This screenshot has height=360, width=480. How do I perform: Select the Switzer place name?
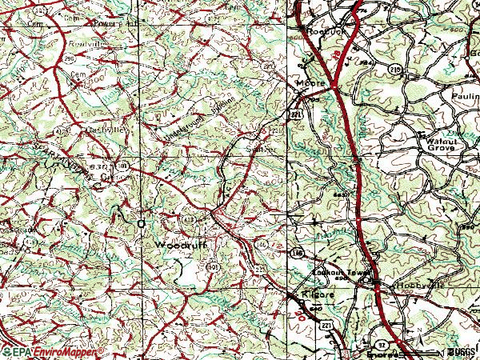[x=263, y=149]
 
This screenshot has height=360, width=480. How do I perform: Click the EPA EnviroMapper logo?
[x=53, y=352]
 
